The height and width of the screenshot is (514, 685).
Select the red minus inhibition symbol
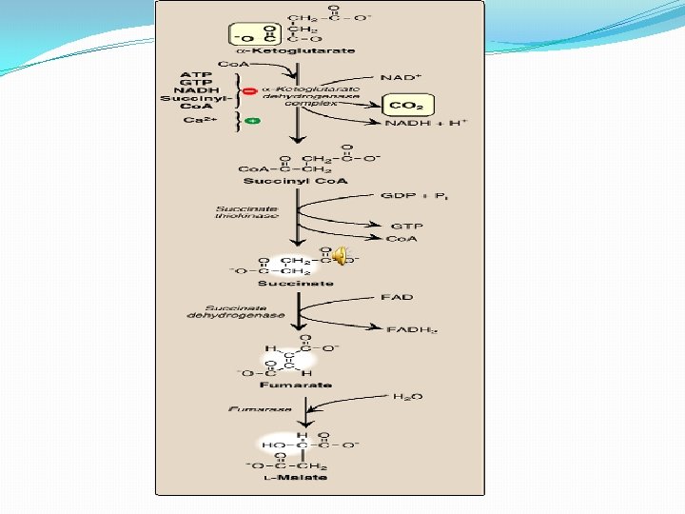click(250, 91)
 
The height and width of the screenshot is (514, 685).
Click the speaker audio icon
click(341, 254)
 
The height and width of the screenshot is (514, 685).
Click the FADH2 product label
click(411, 330)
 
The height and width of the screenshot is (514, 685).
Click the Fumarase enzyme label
click(260, 408)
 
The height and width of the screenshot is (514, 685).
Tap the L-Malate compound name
click(296, 477)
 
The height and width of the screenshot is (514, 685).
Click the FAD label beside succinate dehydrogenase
click(399, 298)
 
